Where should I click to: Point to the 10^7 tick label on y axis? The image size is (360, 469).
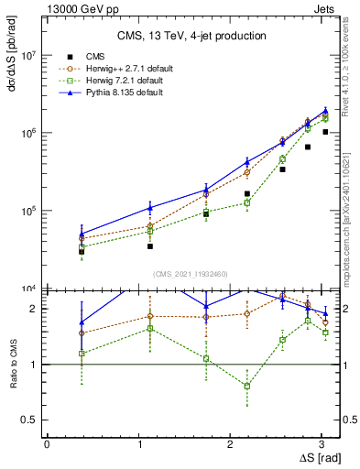[x=27, y=55]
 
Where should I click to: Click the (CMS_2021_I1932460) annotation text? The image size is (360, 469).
[x=189, y=273]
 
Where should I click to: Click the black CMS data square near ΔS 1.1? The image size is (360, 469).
[x=149, y=246]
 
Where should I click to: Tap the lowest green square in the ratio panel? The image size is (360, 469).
[x=246, y=387]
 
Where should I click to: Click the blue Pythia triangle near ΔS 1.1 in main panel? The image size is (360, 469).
[x=149, y=208]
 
